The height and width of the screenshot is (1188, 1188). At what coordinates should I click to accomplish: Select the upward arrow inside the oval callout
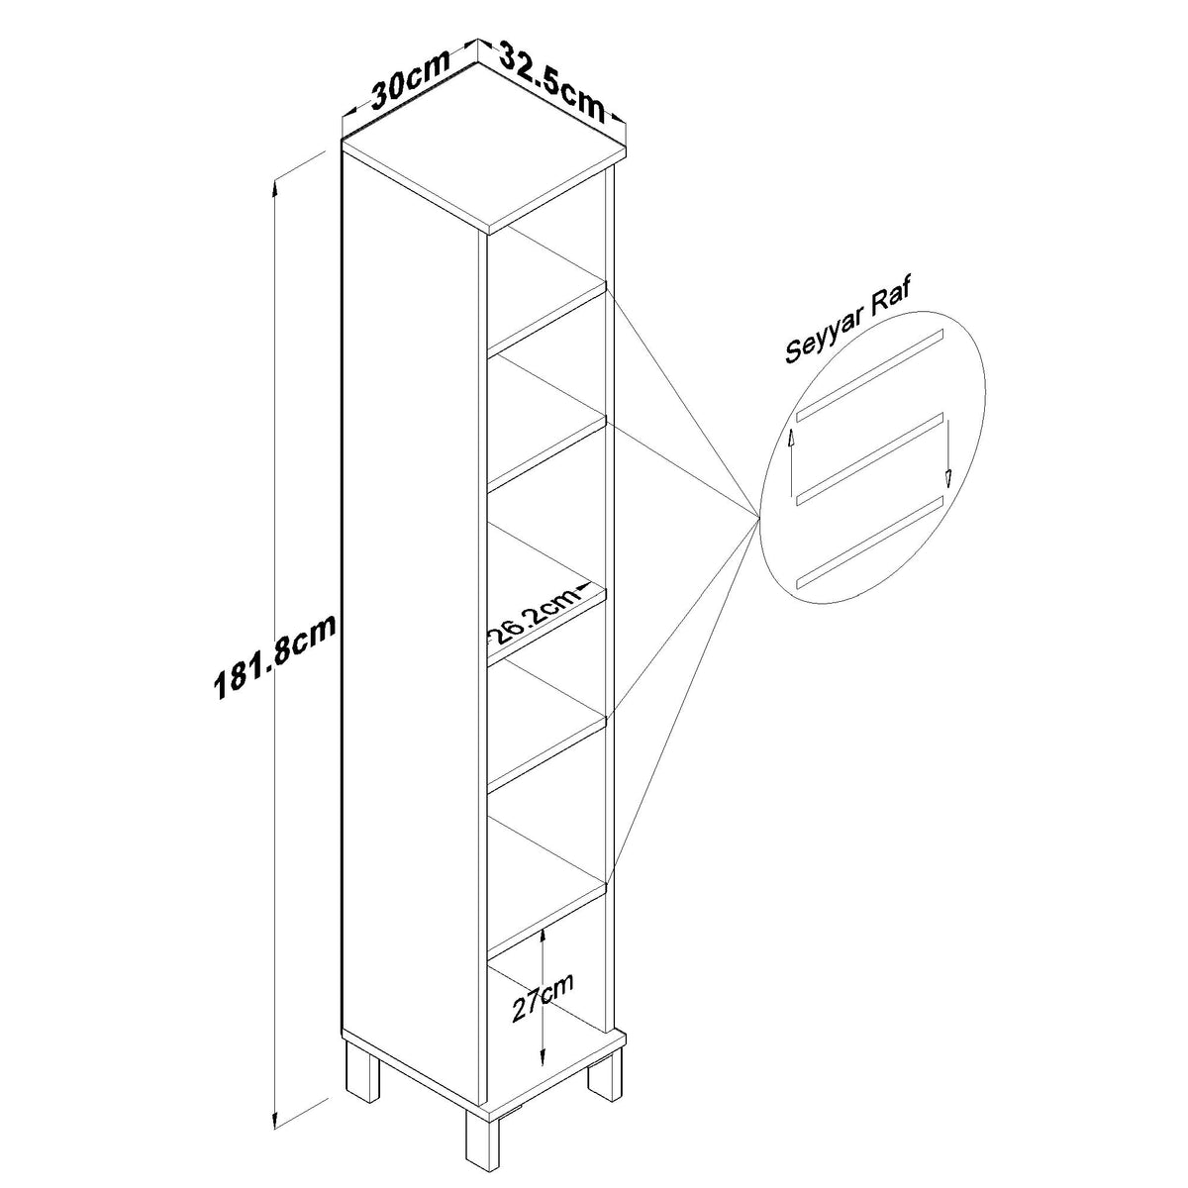coord(790,461)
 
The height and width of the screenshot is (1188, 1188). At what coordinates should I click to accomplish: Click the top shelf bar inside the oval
coord(870,375)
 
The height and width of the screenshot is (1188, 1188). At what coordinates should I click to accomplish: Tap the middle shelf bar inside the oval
coord(870,459)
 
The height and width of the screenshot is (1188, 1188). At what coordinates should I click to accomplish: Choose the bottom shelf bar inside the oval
coord(870,543)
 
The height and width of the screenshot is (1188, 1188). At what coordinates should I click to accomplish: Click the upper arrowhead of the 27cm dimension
coord(542,936)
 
